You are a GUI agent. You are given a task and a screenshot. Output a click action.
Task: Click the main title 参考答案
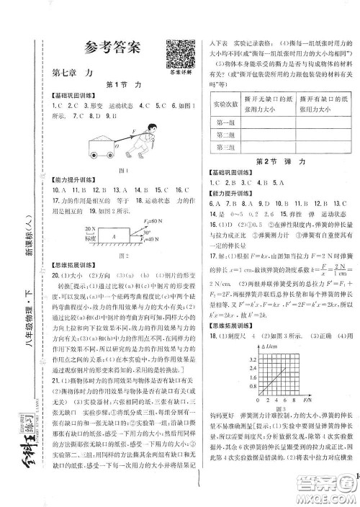[x=112, y=49]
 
